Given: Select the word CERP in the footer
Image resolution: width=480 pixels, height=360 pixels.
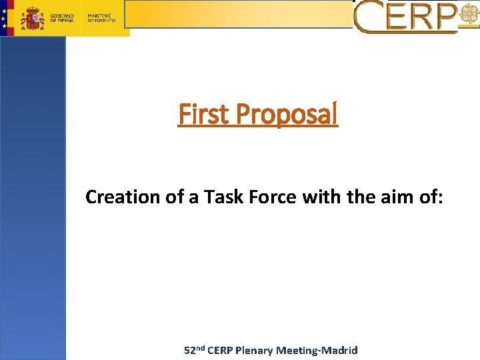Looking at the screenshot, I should [x=221, y=350].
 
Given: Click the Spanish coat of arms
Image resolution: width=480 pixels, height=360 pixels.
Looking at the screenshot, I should [x=31, y=18].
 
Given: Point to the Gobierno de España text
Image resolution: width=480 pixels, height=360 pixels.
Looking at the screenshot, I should [x=63, y=17].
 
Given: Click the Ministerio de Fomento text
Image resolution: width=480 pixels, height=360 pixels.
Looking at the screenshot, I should [x=101, y=17].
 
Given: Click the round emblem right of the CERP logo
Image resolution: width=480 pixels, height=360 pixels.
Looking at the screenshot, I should [x=469, y=18].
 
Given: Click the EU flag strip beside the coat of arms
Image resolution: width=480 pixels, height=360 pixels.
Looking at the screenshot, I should [x=6, y=18].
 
